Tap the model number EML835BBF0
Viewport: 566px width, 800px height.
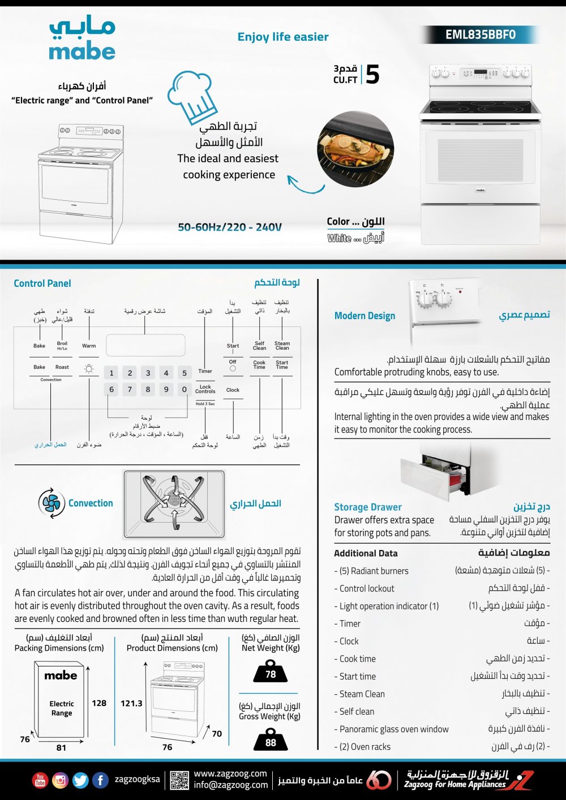480,35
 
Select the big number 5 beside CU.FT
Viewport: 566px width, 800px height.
372,75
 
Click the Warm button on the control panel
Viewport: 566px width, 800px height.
89,346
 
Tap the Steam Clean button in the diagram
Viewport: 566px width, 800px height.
282,345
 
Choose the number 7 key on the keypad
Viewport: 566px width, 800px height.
130,389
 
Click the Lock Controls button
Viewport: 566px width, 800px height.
205,389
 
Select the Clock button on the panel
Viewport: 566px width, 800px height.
233,390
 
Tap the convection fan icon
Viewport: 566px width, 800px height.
52,503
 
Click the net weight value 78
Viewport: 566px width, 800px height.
271,674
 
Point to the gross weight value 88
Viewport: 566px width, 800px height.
271,742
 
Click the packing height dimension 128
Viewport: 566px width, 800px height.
99,703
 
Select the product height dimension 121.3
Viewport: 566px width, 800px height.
131,703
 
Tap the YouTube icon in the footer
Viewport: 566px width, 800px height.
40,780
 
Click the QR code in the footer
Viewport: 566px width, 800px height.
179,780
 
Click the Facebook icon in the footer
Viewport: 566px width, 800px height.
100,780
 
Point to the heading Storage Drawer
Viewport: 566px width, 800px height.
368,507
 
